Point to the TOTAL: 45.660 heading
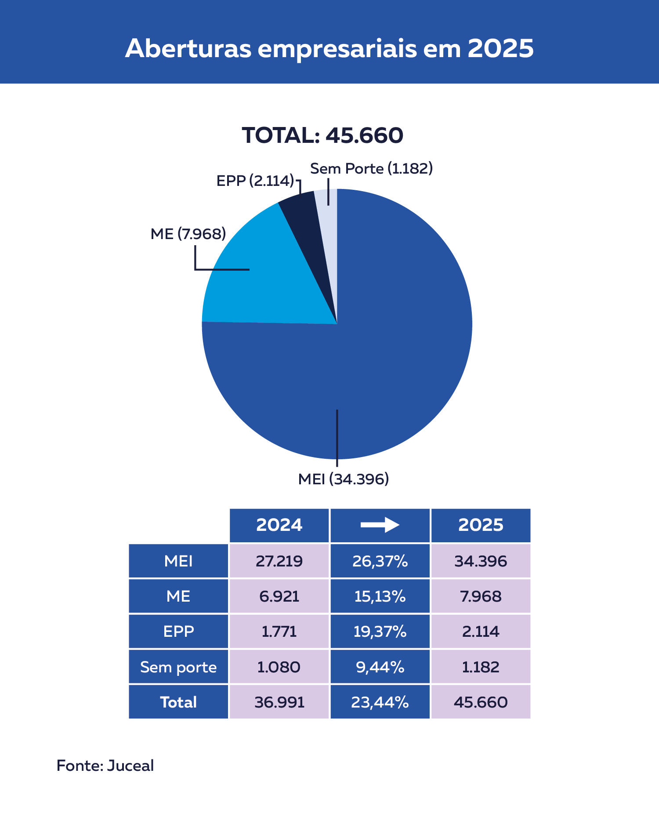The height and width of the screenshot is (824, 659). click(x=322, y=135)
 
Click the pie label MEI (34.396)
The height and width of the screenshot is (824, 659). click(x=344, y=479)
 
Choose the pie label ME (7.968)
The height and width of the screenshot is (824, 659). click(x=188, y=234)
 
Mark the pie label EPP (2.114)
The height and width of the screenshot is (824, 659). click(x=255, y=181)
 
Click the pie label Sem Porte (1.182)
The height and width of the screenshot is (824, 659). click(x=371, y=168)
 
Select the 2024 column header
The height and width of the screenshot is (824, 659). click(x=279, y=525)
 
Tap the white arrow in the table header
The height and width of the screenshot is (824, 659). click(x=380, y=525)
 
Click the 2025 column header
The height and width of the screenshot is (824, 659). click(x=481, y=525)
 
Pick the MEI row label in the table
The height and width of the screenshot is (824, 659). click(x=178, y=561)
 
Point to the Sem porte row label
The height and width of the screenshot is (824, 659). click(x=178, y=667)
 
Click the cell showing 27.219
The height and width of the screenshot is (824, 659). click(x=279, y=561)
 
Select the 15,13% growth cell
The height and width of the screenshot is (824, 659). click(x=380, y=596)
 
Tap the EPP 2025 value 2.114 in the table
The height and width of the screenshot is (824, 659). click(x=481, y=632)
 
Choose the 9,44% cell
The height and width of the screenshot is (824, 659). click(x=380, y=667)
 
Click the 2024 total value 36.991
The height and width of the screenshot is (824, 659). click(x=279, y=702)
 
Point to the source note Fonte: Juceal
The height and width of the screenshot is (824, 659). click(x=105, y=766)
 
